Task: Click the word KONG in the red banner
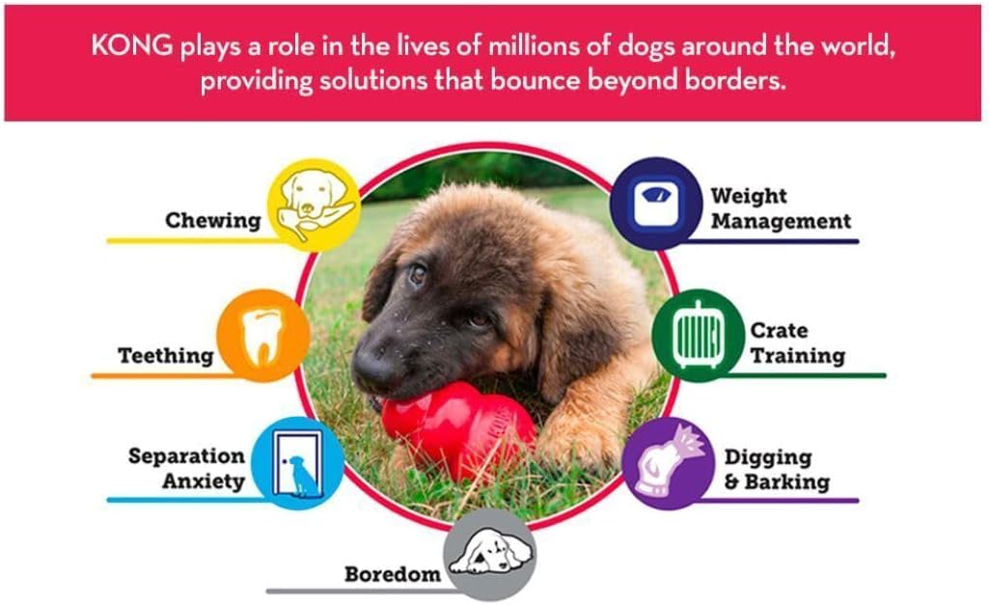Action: (x=132, y=45)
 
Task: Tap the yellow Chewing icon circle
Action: (x=314, y=205)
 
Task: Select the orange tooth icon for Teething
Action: (x=263, y=336)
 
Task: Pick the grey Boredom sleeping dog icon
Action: (x=490, y=555)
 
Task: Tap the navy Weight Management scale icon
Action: (x=656, y=204)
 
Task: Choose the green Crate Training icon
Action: (x=699, y=336)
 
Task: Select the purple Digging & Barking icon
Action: (x=670, y=463)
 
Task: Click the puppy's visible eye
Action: (x=418, y=274)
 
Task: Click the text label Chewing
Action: (x=212, y=221)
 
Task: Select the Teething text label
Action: (x=166, y=356)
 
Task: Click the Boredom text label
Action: (x=393, y=574)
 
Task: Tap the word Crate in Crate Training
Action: (x=779, y=330)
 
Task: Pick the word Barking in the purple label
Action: (x=787, y=482)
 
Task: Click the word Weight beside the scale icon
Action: (x=749, y=196)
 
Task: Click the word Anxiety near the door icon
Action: (x=203, y=481)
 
